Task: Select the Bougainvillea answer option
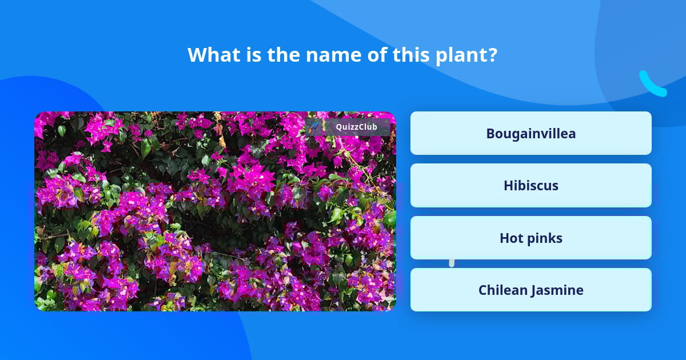point(531,133)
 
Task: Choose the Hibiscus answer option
point(531,186)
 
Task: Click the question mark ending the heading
point(493,55)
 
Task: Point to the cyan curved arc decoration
point(652,85)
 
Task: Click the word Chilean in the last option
point(502,290)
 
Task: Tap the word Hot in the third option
point(512,238)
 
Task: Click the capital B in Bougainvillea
point(490,133)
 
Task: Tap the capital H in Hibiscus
point(508,186)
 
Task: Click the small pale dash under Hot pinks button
point(452,263)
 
